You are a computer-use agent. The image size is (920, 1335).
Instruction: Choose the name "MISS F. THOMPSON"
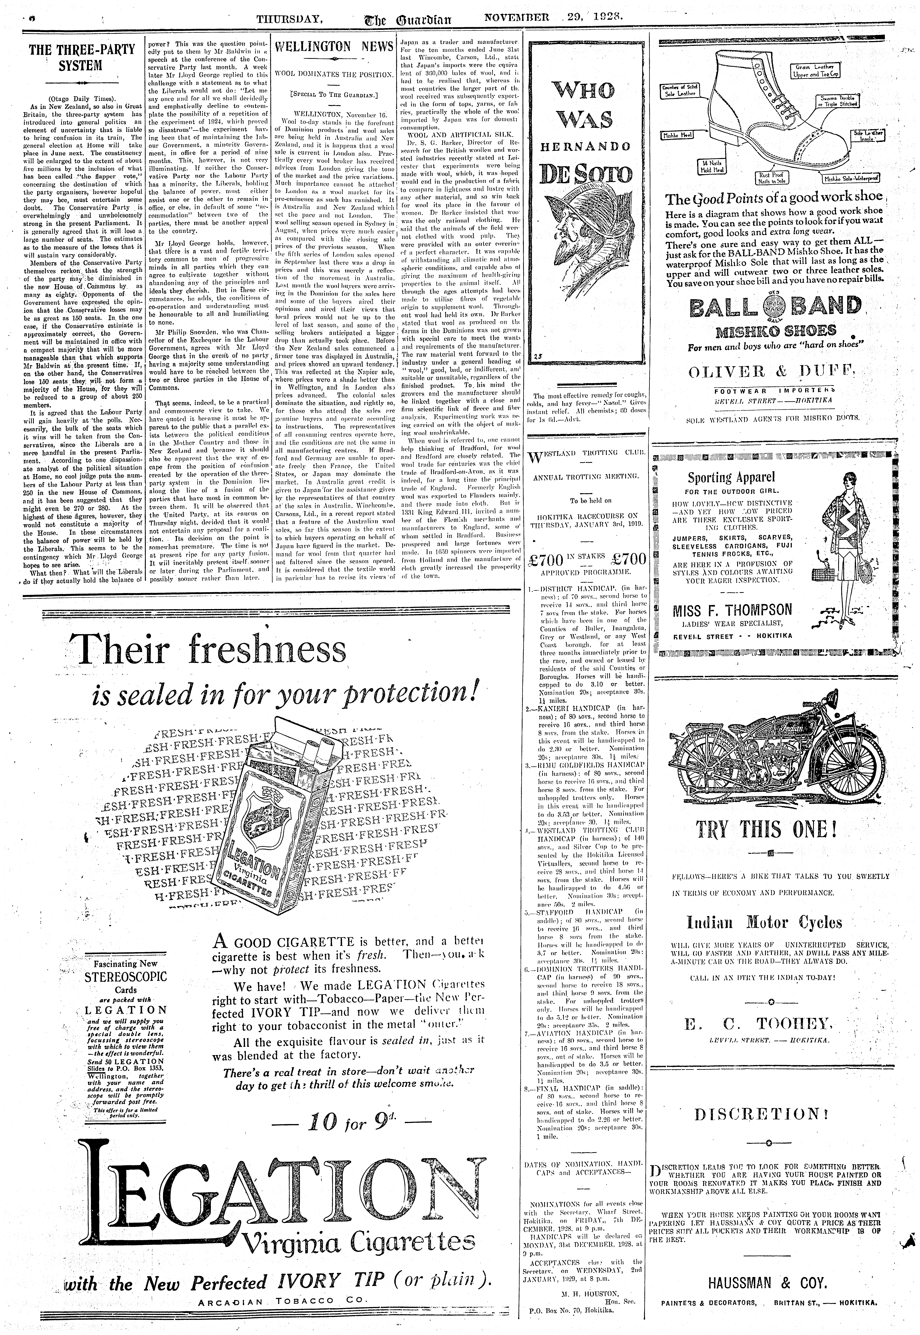tap(732, 610)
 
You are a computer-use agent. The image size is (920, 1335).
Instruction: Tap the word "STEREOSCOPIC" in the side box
tap(125, 977)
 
